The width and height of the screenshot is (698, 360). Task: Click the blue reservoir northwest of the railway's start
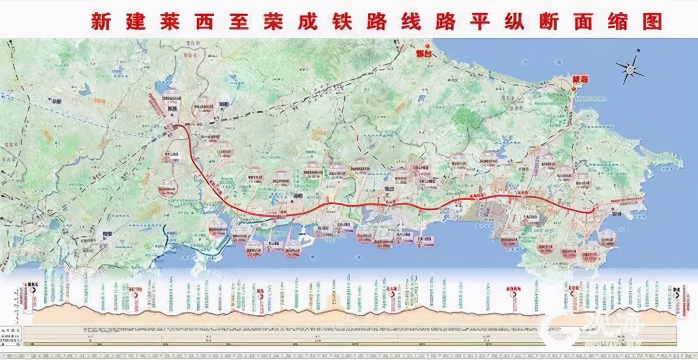tap(163, 86)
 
